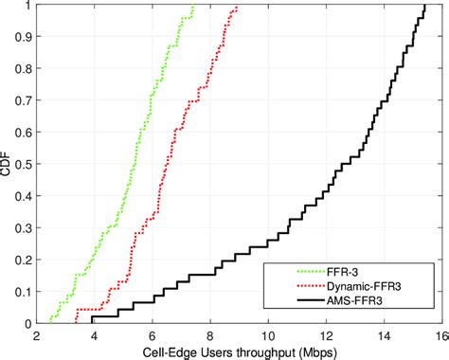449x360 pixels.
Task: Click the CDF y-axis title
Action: (9, 164)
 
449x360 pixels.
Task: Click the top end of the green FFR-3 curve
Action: (193, 7)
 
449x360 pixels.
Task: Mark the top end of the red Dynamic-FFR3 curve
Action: (237, 7)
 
